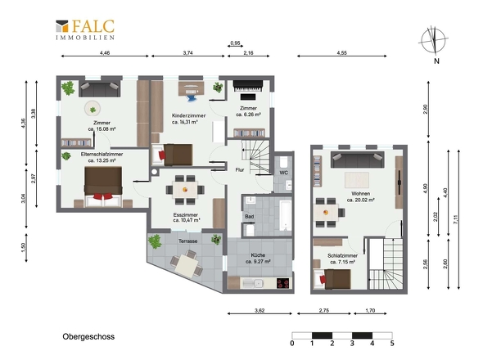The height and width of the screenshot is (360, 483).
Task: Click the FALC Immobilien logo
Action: pyautogui.click(x=85, y=29)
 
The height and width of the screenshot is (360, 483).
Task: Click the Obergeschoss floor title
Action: pyautogui.click(x=88, y=336)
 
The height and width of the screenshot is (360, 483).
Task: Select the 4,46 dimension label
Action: pyautogui.click(x=105, y=52)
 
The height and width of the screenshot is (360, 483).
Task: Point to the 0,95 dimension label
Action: pyautogui.click(x=235, y=43)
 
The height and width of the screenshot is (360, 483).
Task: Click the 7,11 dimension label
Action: pyautogui.click(x=456, y=219)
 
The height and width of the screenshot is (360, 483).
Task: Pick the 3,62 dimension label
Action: pyautogui.click(x=260, y=310)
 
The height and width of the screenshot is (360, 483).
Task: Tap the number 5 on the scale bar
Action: pyautogui.click(x=392, y=343)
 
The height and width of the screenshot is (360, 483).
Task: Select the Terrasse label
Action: pyautogui.click(x=188, y=241)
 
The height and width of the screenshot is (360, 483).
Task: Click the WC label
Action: pyautogui.click(x=284, y=173)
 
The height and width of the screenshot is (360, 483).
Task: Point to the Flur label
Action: pyautogui.click(x=240, y=169)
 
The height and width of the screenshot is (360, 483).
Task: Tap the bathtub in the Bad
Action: pyautogui.click(x=286, y=215)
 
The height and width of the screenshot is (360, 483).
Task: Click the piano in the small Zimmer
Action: pyautogui.click(x=248, y=86)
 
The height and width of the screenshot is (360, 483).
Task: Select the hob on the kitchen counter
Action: pyautogui.click(x=282, y=283)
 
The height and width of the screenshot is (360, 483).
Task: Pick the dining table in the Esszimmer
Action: pyautogui.click(x=185, y=190)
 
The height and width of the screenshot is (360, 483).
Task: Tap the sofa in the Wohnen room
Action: pyautogui.click(x=357, y=160)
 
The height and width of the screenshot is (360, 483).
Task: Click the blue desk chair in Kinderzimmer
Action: pyautogui.click(x=192, y=97)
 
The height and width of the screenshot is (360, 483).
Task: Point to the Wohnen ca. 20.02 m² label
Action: pyautogui.click(x=361, y=197)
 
